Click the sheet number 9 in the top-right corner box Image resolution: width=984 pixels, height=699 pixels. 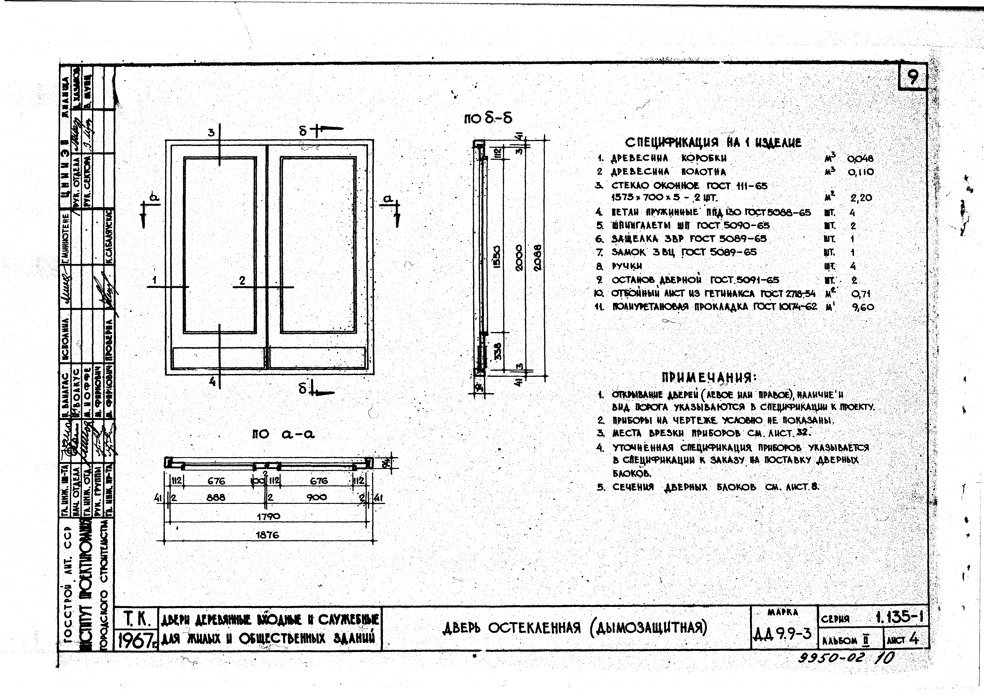913,78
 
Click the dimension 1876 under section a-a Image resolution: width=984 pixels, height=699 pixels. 267,535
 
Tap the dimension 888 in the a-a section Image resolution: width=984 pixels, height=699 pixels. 216,497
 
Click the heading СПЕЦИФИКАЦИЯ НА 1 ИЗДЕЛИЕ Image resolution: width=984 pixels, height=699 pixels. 713,142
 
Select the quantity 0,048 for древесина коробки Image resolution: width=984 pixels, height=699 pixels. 860,158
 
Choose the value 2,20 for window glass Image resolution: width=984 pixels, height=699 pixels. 861,198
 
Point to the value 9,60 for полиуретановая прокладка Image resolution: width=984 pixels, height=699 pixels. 863,307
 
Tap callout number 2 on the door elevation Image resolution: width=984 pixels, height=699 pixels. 242,280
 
